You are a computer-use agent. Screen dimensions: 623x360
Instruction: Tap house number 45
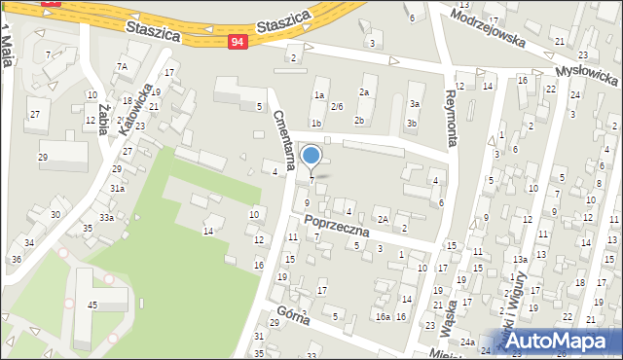point(92,306)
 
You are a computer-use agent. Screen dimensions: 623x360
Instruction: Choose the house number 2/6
point(337,105)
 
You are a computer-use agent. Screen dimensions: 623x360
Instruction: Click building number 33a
point(105,217)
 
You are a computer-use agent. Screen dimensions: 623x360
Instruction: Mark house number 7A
point(123,66)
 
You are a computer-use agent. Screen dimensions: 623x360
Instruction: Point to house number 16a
point(383,317)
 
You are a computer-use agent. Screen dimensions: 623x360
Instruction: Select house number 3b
point(412,124)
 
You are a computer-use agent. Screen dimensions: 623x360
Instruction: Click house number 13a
point(521,259)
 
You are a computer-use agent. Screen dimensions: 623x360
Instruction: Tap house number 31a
point(116,189)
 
